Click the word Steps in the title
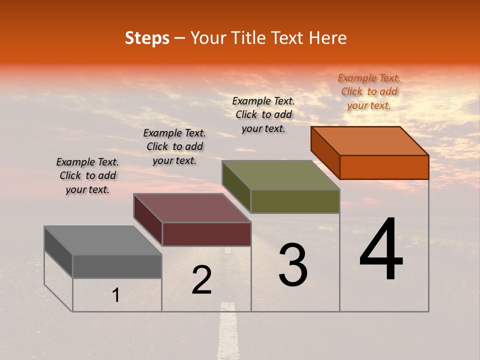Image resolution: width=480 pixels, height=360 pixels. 147,38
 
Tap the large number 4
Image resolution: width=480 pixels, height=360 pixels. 381,250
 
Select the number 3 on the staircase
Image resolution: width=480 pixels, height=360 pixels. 293,265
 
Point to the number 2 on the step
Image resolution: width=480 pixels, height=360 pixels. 201,280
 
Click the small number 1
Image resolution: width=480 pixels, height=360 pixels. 116,295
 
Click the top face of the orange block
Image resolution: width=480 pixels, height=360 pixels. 370,140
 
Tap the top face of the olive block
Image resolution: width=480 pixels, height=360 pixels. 281,175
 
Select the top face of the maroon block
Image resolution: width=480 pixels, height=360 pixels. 192,208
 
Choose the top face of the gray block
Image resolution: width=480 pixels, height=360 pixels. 103,240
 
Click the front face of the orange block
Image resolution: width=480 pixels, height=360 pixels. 384,167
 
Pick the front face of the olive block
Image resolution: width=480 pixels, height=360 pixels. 295,201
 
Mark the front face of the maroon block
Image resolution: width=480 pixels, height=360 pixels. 206,234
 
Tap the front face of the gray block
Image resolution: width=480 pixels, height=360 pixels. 117,266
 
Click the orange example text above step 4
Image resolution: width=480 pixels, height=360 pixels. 369,91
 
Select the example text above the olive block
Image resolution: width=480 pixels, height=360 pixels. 263,114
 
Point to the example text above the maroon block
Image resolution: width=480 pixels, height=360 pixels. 174,146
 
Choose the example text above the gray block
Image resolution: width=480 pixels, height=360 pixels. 87,175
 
